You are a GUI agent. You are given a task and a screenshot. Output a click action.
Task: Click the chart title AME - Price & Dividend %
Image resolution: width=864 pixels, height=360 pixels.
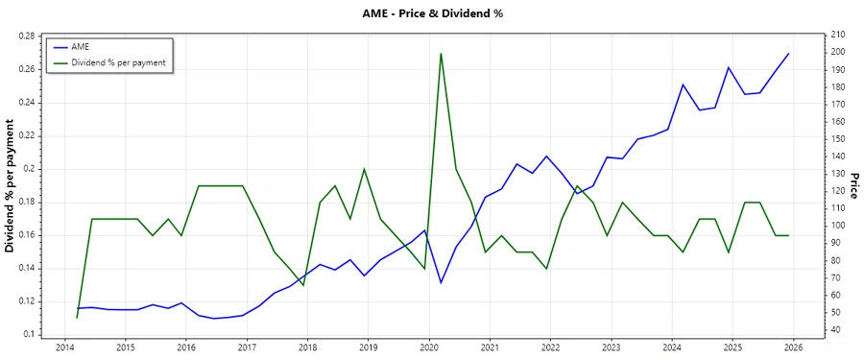point(432,13)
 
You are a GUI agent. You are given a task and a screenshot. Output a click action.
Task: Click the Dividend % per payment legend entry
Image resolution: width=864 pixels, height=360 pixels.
point(118,61)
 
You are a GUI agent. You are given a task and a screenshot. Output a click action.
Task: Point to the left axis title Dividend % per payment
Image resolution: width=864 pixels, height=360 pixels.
point(11,186)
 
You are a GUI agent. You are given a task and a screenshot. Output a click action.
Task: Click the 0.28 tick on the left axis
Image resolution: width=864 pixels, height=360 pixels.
point(26,36)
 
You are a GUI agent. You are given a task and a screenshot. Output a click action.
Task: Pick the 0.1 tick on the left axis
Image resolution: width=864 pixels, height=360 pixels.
point(29,334)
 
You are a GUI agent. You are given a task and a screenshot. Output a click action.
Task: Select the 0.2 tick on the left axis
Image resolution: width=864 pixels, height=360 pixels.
point(29,169)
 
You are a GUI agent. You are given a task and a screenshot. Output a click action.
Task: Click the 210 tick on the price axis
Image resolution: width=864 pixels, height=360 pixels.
point(838,36)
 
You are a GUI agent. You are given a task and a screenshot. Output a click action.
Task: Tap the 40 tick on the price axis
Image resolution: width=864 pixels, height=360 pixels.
point(835,330)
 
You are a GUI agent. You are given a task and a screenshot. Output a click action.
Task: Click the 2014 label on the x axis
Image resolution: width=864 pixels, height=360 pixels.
point(64,348)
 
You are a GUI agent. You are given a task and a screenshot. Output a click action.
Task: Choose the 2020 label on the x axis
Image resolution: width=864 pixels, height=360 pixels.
point(429,348)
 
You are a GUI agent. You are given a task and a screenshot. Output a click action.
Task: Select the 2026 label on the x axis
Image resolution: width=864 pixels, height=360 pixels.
point(793,348)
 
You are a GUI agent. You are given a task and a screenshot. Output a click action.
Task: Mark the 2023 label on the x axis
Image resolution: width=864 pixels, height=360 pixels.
point(611,348)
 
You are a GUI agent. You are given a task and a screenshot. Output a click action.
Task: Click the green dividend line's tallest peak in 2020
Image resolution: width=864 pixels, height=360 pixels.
point(441,54)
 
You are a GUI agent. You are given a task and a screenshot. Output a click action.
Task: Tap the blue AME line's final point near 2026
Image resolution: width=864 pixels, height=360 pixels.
point(788,54)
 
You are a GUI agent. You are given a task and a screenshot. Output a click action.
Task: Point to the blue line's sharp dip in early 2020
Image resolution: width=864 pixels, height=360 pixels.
point(441,282)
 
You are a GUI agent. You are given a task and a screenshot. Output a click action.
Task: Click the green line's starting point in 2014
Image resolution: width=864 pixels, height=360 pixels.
point(77,318)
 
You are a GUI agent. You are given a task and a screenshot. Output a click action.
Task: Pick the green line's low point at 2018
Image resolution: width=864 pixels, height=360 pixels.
point(303,285)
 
